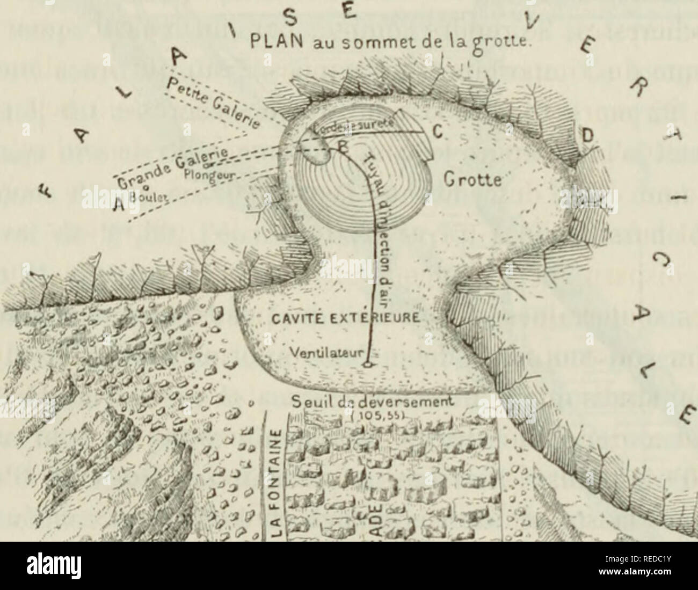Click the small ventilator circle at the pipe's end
click(x=367, y=366)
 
